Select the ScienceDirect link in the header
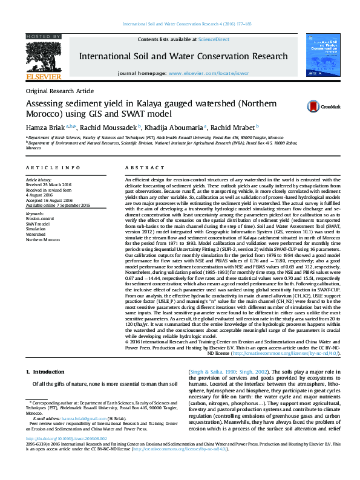point(215,39)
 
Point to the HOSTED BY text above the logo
point(43,37)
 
